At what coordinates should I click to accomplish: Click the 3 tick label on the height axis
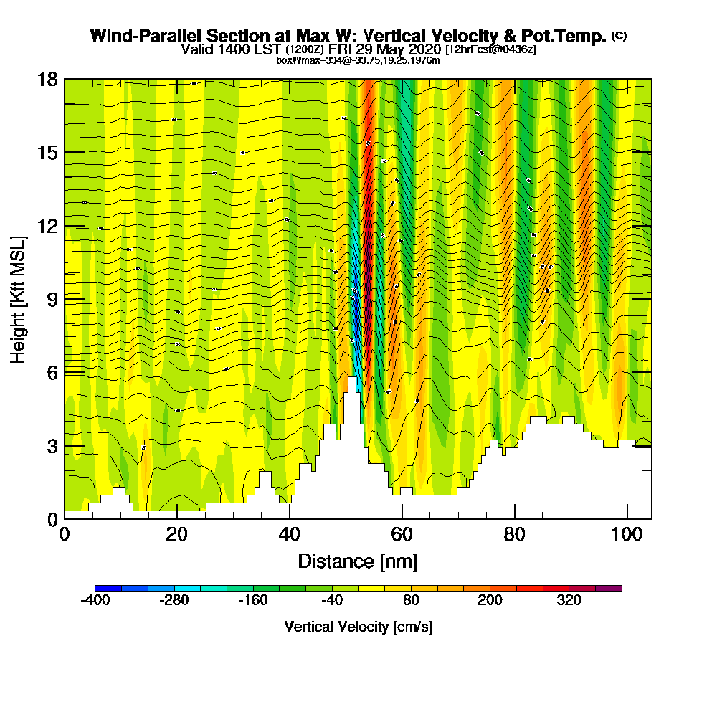point(51,446)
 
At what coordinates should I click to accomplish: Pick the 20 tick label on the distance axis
point(176,535)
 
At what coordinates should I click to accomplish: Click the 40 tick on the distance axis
point(289,535)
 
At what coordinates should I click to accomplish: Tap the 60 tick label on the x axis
point(402,535)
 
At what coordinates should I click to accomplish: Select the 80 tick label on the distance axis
point(514,535)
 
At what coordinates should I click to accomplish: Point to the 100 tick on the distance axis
point(627,535)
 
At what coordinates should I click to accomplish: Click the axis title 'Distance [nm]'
point(358,561)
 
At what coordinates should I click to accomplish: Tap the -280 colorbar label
point(174,601)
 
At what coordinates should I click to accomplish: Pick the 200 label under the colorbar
point(490,601)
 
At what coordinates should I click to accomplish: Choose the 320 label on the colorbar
point(569,601)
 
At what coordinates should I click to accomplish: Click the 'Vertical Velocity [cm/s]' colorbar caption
point(358,627)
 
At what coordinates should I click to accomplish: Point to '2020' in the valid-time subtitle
point(422,49)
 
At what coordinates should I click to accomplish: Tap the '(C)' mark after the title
point(619,36)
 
